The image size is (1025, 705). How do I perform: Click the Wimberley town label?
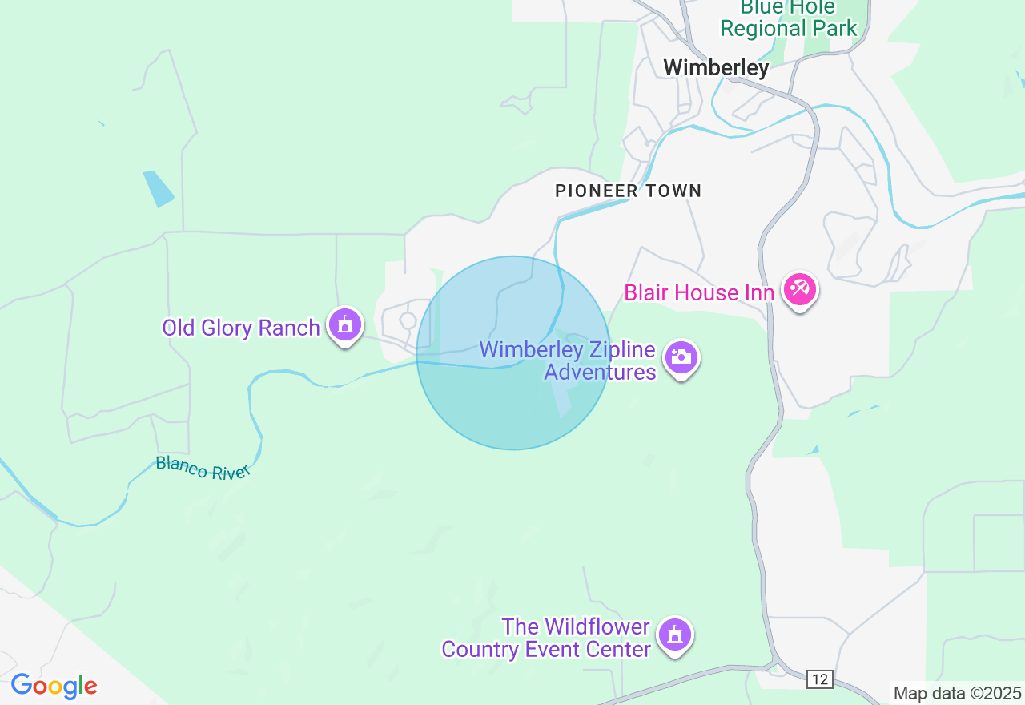click(x=716, y=68)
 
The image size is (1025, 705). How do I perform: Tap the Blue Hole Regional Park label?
click(x=788, y=18)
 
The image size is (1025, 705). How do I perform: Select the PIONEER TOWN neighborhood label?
click(x=628, y=191)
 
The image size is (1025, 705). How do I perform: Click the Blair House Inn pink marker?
click(x=799, y=288)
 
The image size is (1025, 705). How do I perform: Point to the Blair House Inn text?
click(x=698, y=292)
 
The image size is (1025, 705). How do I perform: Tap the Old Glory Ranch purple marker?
click(x=345, y=324)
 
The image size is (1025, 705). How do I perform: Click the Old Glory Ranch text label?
click(x=240, y=328)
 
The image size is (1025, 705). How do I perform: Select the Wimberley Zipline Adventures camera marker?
click(x=681, y=357)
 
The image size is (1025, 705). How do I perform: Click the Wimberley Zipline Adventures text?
click(x=567, y=361)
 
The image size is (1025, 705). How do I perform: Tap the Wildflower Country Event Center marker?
click(x=674, y=634)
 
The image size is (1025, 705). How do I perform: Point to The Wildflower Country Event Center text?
click(x=546, y=638)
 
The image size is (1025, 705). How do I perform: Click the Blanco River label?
click(x=203, y=467)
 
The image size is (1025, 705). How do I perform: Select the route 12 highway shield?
click(x=819, y=679)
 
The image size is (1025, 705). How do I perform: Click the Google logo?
click(x=54, y=687)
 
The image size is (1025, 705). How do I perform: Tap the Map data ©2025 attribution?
click(x=957, y=693)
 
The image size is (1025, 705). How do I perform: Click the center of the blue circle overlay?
click(x=512, y=352)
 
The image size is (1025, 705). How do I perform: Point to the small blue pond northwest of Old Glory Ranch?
click(x=158, y=188)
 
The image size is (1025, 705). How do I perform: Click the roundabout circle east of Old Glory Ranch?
click(x=408, y=320)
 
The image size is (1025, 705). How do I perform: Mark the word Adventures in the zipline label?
click(x=600, y=373)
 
